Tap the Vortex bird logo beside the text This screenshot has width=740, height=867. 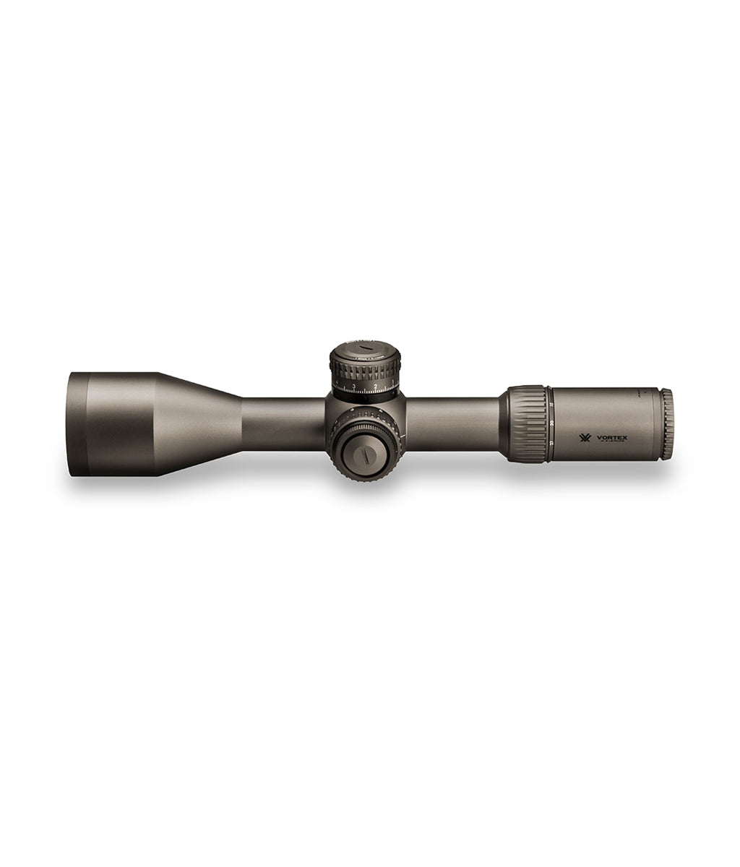coord(585,438)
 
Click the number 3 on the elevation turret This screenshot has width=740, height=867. coord(353,387)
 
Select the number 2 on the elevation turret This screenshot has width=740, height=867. coord(376,387)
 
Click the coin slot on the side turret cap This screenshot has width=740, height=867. coord(367,456)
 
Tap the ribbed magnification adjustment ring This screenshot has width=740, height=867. coord(525,424)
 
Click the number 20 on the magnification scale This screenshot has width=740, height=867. coord(551,423)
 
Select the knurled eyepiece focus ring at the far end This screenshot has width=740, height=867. coord(666,425)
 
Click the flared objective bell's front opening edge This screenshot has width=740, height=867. coord(78,424)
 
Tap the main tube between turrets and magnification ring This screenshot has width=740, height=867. coord(452,423)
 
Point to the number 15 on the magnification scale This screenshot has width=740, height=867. coord(551,404)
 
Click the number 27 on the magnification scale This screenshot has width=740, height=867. coord(551,442)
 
